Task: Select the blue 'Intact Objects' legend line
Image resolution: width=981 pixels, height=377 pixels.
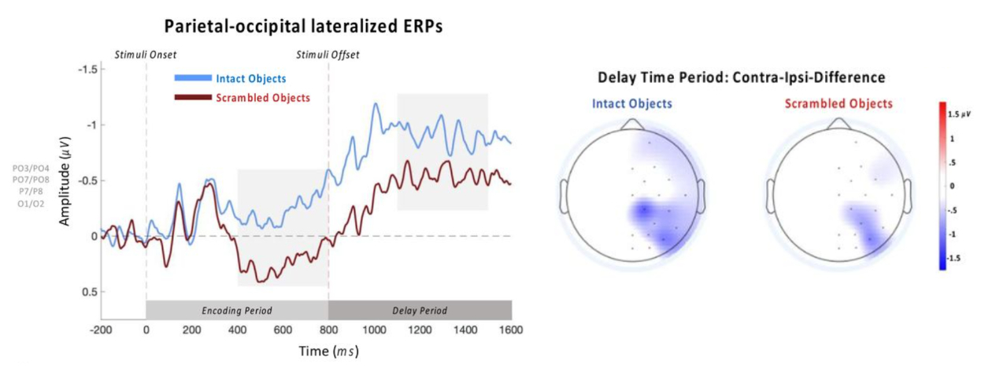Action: pyautogui.click(x=192, y=77)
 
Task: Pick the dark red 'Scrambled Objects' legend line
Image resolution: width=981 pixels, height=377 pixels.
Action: pyautogui.click(x=192, y=97)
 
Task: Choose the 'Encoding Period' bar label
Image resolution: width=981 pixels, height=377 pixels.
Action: pyautogui.click(x=237, y=310)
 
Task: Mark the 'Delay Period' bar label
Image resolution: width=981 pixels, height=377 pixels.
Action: pyautogui.click(x=420, y=310)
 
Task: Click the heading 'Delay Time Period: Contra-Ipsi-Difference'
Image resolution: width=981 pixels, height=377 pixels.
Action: pyautogui.click(x=742, y=78)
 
